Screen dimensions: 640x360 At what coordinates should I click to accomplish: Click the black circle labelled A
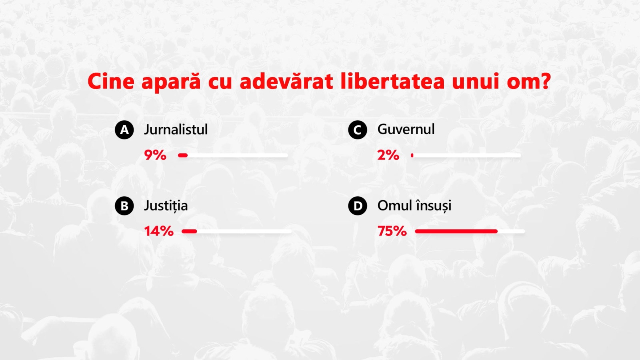[124, 130]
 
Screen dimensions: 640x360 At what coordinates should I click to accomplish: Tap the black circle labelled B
[124, 206]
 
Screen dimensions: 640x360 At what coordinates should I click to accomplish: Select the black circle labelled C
[358, 130]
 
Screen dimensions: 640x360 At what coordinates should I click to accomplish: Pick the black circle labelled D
[358, 206]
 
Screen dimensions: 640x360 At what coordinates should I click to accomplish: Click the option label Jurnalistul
[176, 130]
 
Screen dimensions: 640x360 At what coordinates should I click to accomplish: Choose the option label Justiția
[166, 206]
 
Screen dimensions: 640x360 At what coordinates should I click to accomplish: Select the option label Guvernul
[406, 129]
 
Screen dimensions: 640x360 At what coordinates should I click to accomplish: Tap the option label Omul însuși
[414, 206]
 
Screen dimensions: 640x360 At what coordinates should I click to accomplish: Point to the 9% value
[155, 155]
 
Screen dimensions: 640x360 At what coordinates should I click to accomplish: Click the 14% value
[159, 231]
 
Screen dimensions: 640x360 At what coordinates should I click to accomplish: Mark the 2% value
[388, 155]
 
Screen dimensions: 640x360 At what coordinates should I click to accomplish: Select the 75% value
[392, 231]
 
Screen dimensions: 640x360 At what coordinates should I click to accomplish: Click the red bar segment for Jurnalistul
[183, 156]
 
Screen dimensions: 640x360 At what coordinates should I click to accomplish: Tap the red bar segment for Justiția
[190, 232]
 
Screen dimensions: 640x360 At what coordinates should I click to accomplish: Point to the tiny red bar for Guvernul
[412, 156]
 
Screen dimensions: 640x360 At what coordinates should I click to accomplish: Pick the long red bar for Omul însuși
[456, 232]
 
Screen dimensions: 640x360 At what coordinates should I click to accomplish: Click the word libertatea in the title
[392, 81]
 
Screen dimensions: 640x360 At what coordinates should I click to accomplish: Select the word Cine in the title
[111, 82]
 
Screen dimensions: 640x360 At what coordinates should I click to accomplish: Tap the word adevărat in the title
[286, 81]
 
